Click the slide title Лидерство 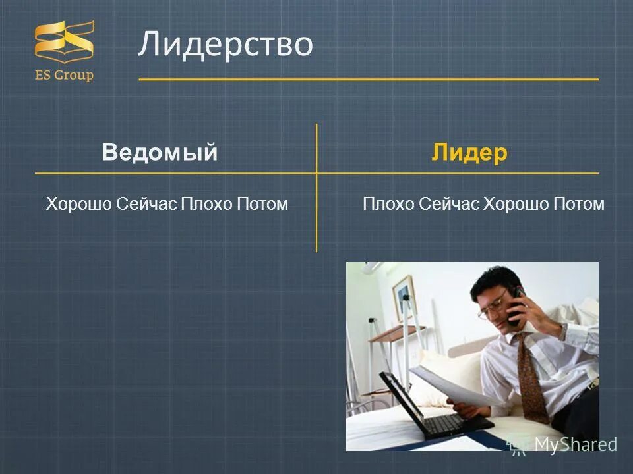pyautogui.click(x=225, y=45)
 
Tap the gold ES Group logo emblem pyautogui.click(x=64, y=42)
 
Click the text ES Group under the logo pyautogui.click(x=64, y=75)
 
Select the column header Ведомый pyautogui.click(x=160, y=153)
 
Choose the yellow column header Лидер pyautogui.click(x=469, y=153)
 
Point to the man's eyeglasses pyautogui.click(x=493, y=306)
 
